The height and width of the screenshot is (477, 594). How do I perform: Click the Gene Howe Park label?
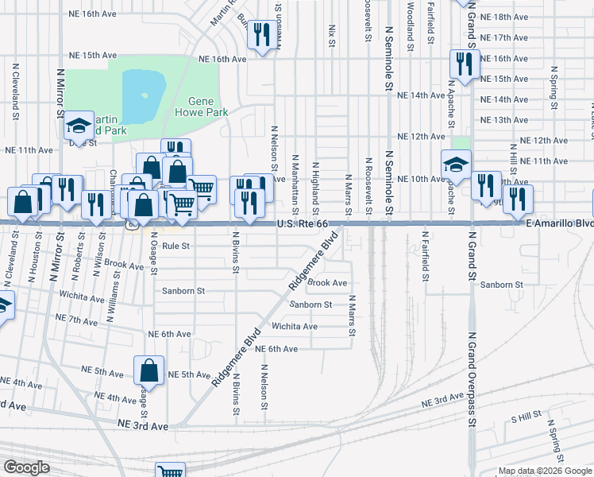click(208, 107)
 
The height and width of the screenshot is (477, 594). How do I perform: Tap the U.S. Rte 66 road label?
click(303, 225)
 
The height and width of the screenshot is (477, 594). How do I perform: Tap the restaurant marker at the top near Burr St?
click(259, 34)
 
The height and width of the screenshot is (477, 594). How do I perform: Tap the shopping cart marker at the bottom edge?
click(171, 471)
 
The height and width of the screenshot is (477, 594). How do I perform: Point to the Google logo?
click(27, 467)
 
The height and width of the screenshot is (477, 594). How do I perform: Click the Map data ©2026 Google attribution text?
click(545, 471)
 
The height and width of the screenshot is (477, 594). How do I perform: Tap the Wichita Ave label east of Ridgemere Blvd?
click(295, 327)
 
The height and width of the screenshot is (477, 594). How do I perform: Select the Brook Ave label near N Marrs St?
click(327, 283)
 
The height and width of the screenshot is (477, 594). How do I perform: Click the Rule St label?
click(175, 246)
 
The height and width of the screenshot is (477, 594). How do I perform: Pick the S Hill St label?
click(526, 416)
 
